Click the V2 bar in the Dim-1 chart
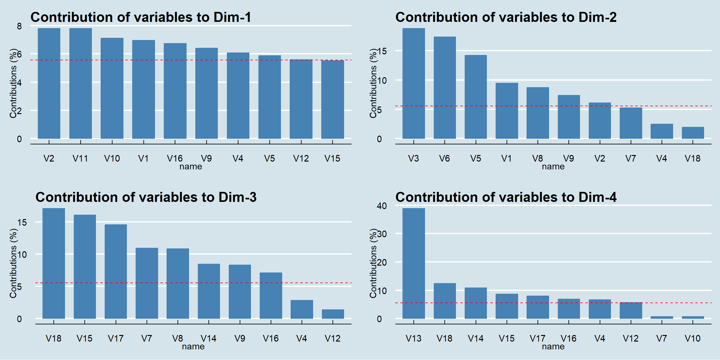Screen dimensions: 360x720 [49, 83]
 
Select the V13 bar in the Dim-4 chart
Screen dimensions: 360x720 [413, 263]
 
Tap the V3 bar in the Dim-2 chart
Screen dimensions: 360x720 [413, 83]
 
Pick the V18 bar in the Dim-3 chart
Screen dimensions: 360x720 [54, 263]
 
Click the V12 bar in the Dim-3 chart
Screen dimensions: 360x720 [333, 314]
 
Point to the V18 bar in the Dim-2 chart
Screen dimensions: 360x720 [693, 133]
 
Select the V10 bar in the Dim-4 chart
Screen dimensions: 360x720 [693, 317]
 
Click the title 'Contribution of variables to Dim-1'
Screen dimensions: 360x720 [141, 17]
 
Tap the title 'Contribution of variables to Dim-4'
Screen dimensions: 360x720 [506, 197]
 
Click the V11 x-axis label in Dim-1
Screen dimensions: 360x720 [80, 158]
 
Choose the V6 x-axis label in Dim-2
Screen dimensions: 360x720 [444, 158]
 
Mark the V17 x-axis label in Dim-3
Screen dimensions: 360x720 [116, 338]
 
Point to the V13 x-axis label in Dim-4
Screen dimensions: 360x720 [413, 338]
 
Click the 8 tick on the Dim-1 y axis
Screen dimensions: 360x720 [19, 26]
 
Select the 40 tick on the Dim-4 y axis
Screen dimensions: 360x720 [382, 206]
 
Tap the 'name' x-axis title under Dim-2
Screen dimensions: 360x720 [553, 167]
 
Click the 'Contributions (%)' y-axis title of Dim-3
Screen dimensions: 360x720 [13, 263]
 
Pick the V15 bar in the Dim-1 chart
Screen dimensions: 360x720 [332, 99]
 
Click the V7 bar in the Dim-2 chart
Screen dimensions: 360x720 [631, 123]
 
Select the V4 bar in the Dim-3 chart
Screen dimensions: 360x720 [302, 309]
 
